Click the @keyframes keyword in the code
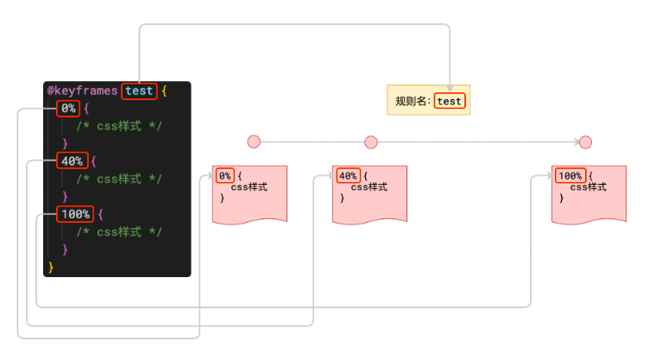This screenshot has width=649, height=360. tap(82, 91)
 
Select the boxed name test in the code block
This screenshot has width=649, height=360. tap(139, 91)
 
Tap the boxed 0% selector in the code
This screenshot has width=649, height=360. tap(68, 108)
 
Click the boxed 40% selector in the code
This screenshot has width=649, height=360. tap(72, 161)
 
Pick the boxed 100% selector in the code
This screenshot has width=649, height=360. tap(75, 213)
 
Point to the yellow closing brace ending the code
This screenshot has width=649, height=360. tap(51, 267)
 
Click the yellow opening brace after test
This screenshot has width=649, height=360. tap(164, 91)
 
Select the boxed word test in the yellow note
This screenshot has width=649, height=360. tap(450, 101)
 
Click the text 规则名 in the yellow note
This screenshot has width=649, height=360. tap(412, 101)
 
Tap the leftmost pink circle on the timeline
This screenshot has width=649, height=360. tap(254, 142)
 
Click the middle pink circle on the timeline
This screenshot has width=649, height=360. tap(371, 142)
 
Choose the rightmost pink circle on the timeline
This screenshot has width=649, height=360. tap(585, 142)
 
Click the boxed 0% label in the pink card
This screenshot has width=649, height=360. tap(224, 176)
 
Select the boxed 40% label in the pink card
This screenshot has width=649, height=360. tap(348, 176)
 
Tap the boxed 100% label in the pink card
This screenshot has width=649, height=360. tap(570, 176)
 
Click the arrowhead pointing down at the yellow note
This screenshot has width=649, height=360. tap(450, 79)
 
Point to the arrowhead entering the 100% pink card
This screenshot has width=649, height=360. tap(550, 176)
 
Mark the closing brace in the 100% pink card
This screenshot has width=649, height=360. tap(562, 199)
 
